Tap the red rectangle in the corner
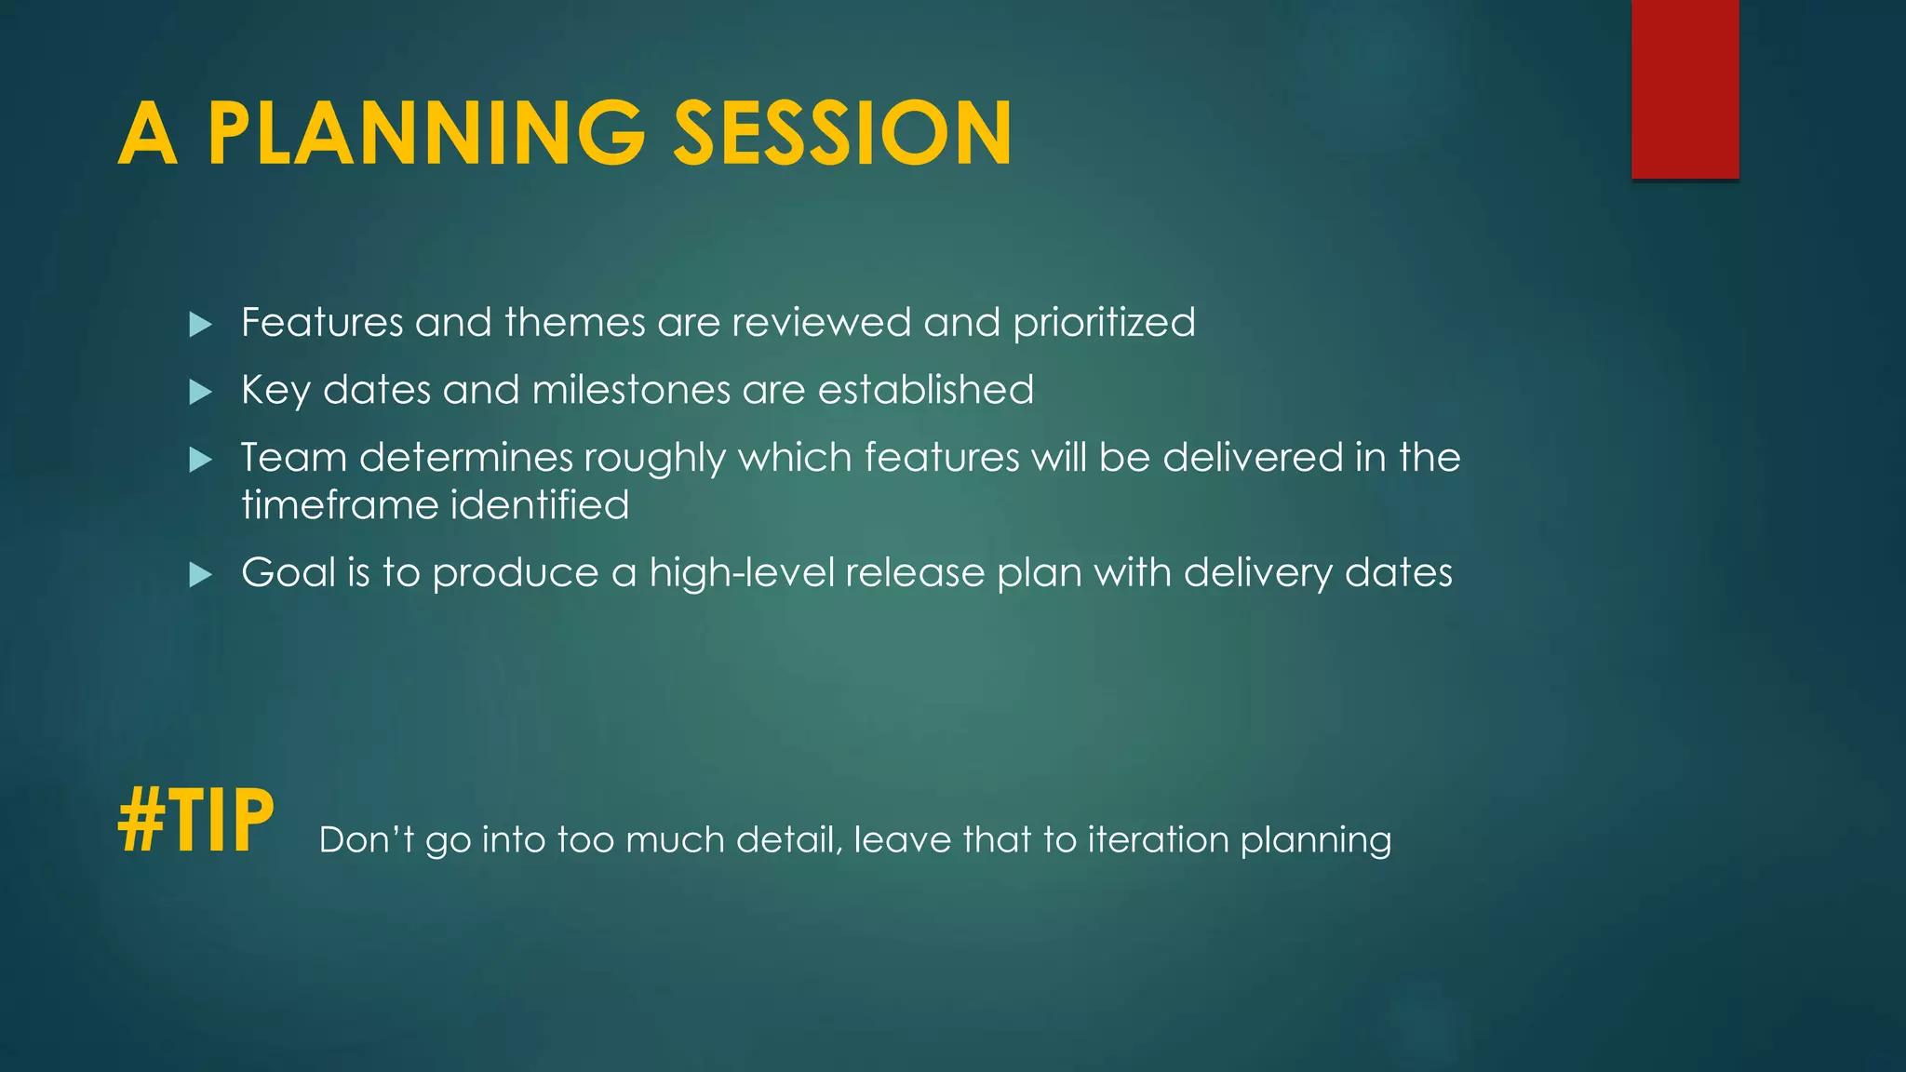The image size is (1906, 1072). coord(1685,88)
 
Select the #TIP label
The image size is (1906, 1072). coord(196,820)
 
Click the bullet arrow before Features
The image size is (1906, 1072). coord(200,325)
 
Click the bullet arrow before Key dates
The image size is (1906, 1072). coord(200,392)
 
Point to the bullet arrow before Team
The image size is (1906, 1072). coord(200,460)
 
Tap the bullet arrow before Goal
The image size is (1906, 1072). coord(200,575)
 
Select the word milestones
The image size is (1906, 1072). coord(631,390)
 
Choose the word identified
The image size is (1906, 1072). coord(540,505)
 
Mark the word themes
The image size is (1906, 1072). coord(574,323)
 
